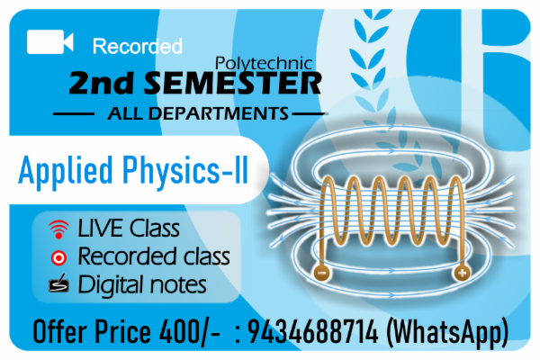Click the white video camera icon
[49, 42]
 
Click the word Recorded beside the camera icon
[138, 45]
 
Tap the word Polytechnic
[265, 63]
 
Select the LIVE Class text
[129, 228]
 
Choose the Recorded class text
[154, 256]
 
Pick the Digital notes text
[142, 285]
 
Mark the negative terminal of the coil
[322, 270]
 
